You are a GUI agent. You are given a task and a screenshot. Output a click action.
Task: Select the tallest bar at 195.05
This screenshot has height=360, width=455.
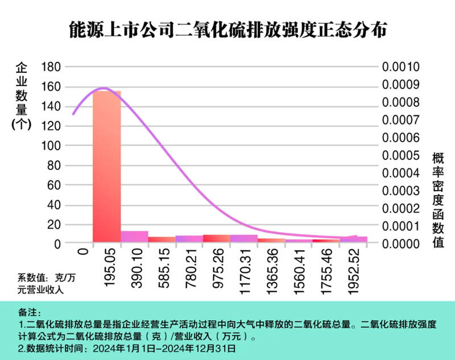107,165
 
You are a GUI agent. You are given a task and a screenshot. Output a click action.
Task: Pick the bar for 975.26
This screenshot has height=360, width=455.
216,238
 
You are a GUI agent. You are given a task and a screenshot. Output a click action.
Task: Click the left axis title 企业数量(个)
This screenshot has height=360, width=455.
20,97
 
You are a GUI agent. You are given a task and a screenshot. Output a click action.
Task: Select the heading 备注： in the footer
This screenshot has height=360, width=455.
30,313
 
